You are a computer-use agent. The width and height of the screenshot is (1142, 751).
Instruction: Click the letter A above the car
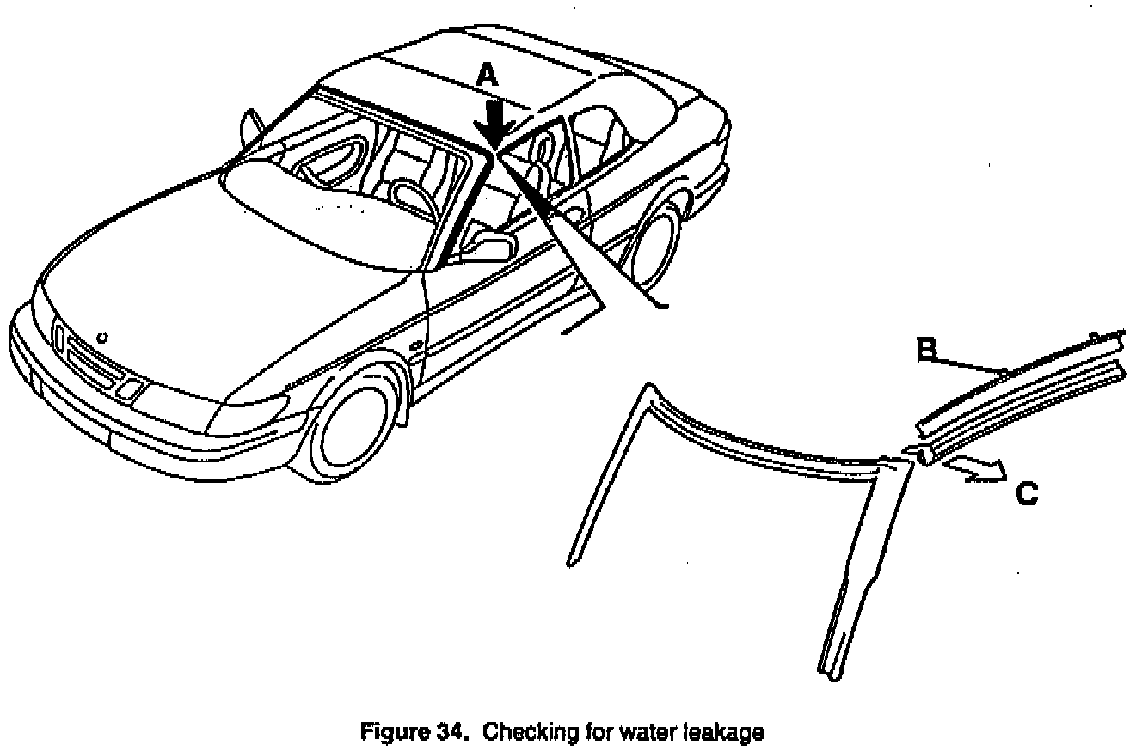[488, 76]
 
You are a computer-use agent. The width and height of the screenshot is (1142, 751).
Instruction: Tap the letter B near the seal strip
[925, 349]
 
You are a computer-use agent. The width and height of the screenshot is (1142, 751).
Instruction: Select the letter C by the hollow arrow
[1026, 494]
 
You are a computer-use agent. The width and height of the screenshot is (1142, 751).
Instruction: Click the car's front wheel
[355, 430]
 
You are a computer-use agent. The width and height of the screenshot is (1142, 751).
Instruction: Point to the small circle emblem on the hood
[102, 337]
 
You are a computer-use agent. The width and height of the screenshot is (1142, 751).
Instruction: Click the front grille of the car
[90, 362]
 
